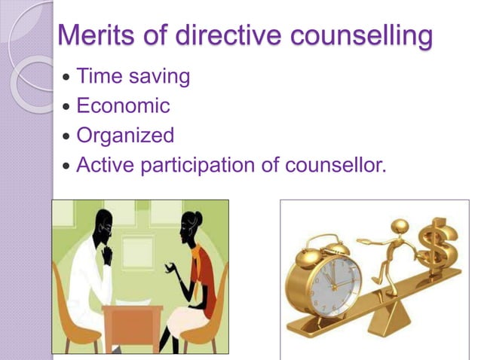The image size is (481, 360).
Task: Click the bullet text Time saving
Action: click(x=133, y=77)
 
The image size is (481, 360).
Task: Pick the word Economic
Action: click(x=123, y=105)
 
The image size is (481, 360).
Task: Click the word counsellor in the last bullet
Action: click(x=333, y=164)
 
